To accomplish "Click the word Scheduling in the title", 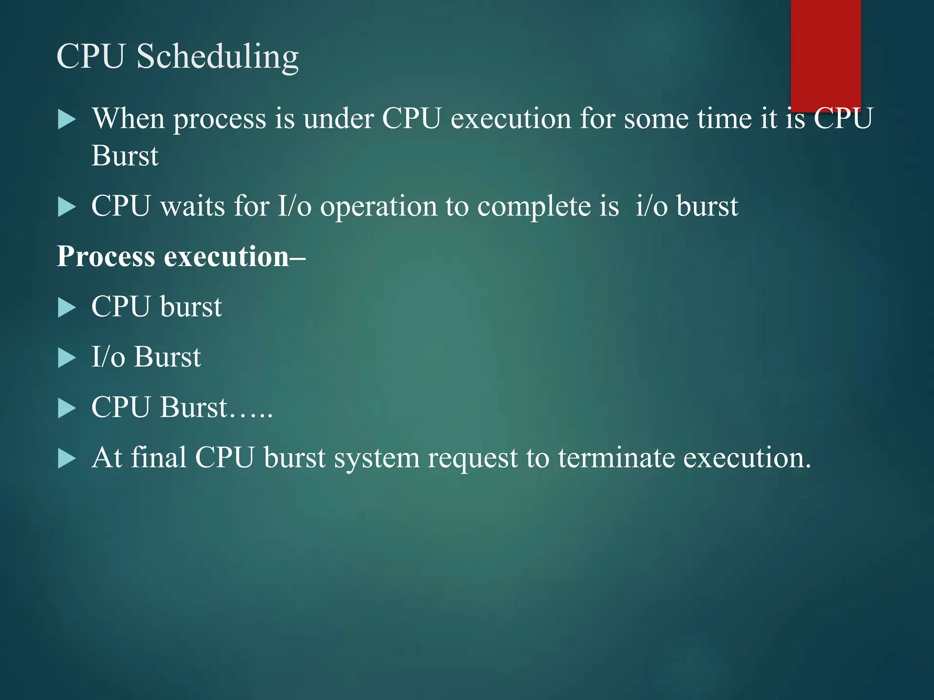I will click(218, 57).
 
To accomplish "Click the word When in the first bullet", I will click(128, 119).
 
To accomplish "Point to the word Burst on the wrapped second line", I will click(125, 156).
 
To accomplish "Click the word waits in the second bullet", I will click(192, 206).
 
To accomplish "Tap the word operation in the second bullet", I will click(378, 207).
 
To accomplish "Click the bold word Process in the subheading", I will click(105, 257).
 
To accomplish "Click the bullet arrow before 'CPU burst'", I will click(67, 308).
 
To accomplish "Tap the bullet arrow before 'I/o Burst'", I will click(67, 358).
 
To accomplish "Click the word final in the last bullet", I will click(158, 457).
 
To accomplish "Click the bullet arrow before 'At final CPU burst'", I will click(67, 458).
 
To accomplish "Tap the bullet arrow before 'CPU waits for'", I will click(67, 207).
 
